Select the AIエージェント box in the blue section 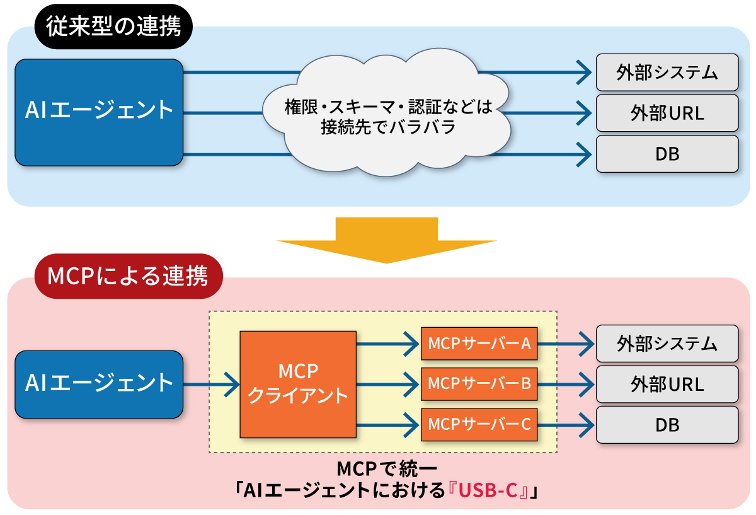pos(99,112)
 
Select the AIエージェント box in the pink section pos(99,384)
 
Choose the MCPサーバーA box pos(479,344)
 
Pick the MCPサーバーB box pos(479,383)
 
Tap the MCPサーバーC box pos(479,424)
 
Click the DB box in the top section pos(667,153)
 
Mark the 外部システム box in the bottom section pos(667,344)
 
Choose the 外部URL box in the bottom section pos(667,383)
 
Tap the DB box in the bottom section pos(667,424)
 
